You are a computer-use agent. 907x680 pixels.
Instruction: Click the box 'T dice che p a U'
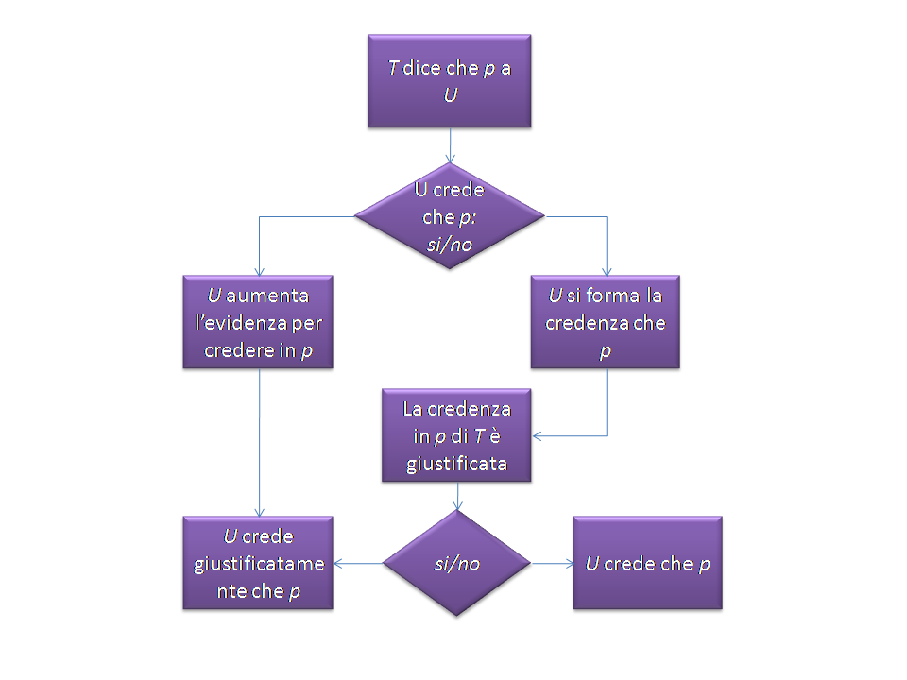point(449,81)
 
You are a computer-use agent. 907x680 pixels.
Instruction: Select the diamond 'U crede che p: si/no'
point(449,216)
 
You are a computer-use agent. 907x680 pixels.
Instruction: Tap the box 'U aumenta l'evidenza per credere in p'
point(259,322)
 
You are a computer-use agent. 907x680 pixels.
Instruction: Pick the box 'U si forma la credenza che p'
point(606,322)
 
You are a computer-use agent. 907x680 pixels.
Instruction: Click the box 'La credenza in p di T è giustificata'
point(457,436)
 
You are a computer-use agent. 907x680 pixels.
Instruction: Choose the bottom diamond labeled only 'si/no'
point(457,564)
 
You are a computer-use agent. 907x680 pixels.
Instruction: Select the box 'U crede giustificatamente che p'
point(259,564)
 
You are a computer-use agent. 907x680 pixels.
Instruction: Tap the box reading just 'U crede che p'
point(647,564)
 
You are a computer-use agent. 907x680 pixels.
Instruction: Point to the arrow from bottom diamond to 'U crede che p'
point(553,564)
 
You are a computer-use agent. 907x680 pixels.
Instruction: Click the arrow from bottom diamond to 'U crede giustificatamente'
point(359,564)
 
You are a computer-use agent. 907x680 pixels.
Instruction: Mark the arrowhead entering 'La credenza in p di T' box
point(538,436)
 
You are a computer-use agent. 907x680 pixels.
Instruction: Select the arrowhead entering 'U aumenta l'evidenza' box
point(259,270)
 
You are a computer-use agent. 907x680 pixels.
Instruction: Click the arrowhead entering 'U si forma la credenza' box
point(606,270)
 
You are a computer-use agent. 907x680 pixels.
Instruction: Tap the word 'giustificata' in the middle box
point(457,464)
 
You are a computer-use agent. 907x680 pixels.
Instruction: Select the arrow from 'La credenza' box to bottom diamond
point(457,497)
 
